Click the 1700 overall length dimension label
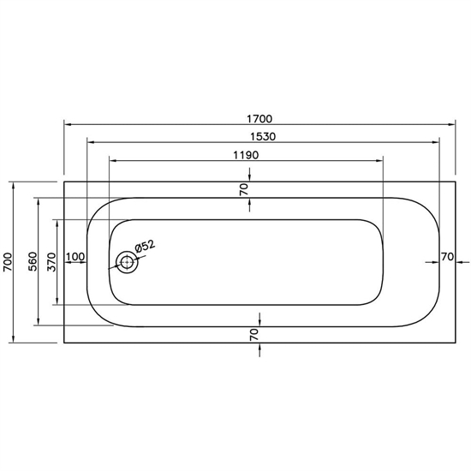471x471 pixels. pyautogui.click(x=259, y=119)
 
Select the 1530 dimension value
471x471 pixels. pyautogui.click(x=263, y=137)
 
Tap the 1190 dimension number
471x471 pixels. pyautogui.click(x=246, y=155)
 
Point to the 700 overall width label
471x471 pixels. pyautogui.click(x=8, y=262)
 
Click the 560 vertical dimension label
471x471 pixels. pyautogui.click(x=33, y=262)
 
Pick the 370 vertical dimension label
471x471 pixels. pyautogui.click(x=51, y=262)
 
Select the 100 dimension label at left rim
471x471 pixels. pyautogui.click(x=75, y=257)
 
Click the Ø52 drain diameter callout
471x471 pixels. pyautogui.click(x=145, y=247)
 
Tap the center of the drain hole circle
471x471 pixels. pyautogui.click(x=127, y=262)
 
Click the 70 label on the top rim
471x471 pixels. pyautogui.click(x=244, y=189)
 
